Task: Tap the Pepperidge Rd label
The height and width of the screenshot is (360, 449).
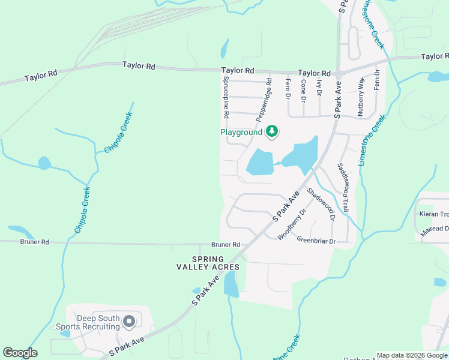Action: [x=264, y=98]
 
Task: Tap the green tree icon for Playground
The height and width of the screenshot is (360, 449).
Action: [x=272, y=131]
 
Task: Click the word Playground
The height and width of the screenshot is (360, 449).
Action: [x=241, y=132]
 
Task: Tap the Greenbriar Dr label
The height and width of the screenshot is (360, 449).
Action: [x=316, y=241]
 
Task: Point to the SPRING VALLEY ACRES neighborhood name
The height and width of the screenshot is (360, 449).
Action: [x=208, y=262]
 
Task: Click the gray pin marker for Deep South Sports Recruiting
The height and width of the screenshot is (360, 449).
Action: [x=128, y=322]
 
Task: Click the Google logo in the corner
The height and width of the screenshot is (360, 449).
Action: [x=20, y=353]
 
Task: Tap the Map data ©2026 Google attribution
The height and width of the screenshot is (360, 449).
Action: [x=412, y=355]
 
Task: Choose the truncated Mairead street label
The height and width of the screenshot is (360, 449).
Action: [x=434, y=229]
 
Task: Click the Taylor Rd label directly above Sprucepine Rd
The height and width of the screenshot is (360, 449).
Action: [x=238, y=70]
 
